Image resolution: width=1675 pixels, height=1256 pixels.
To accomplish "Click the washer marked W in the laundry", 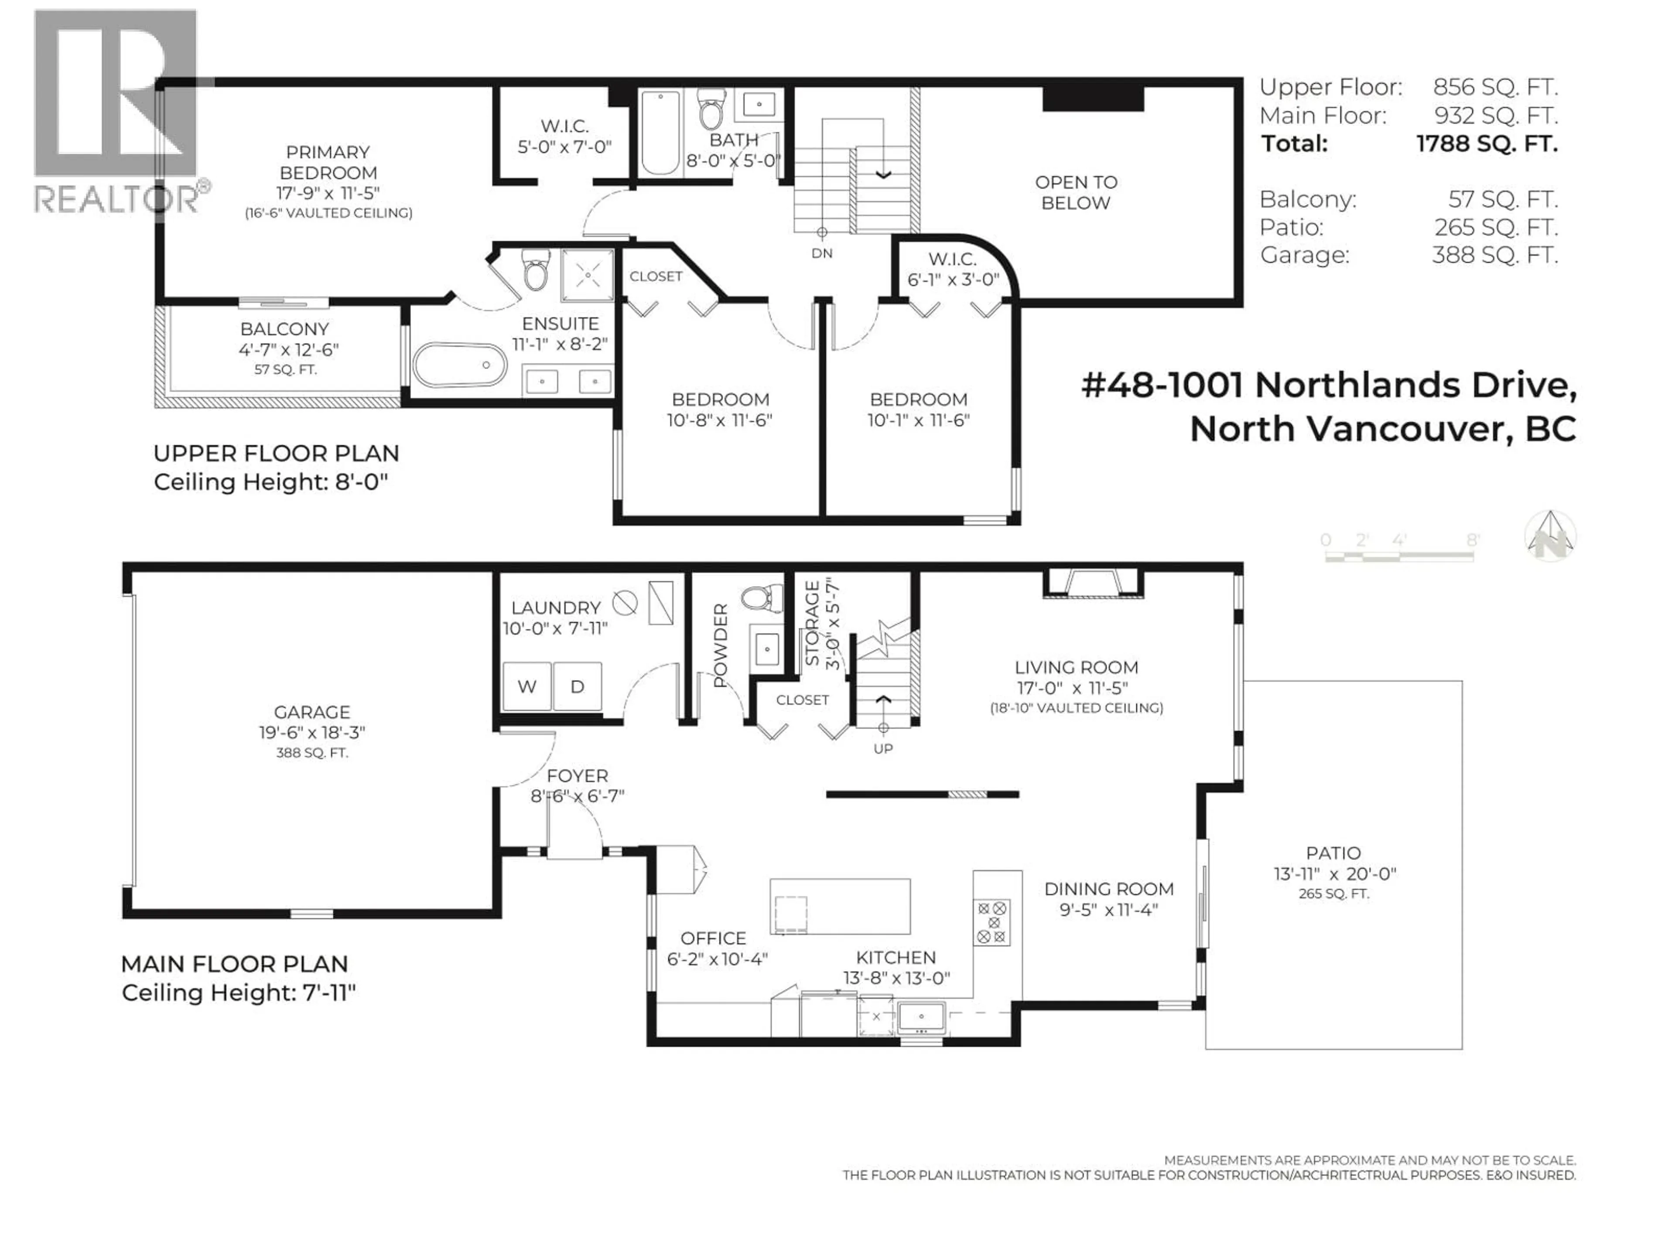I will click(526, 686).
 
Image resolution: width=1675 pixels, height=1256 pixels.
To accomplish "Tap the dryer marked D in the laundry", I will click(577, 686).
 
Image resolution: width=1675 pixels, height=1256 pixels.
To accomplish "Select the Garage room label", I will click(312, 712).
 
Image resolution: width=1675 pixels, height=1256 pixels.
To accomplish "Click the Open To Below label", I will click(1075, 192).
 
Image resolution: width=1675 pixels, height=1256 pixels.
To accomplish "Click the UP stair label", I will click(883, 748).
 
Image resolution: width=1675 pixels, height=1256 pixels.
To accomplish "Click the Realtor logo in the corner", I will click(117, 113).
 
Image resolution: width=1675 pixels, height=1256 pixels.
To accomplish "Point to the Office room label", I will click(713, 938).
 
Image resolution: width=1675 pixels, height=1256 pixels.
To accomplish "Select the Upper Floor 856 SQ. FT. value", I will click(1495, 87).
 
